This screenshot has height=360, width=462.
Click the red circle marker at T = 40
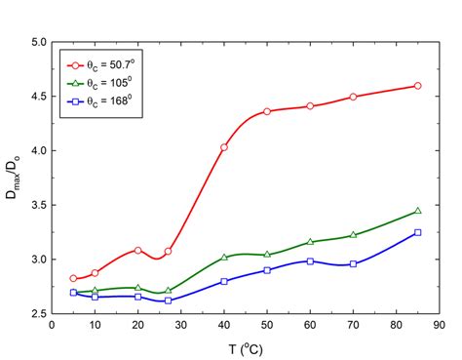[224, 147]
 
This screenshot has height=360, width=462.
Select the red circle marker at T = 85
[417, 86]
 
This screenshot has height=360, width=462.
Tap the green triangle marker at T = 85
[417, 211]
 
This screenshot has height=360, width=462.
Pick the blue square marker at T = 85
[417, 232]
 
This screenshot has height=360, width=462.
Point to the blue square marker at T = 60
[310, 261]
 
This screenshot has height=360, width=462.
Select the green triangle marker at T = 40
[224, 257]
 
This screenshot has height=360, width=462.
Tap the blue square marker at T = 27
[169, 300]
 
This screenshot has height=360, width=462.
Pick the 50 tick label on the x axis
[267, 325]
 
